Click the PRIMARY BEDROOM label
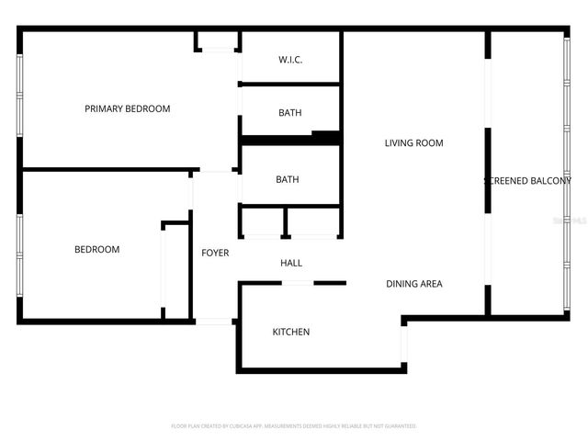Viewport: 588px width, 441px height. [128, 108]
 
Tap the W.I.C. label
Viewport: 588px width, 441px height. [290, 60]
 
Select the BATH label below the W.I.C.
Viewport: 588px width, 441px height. [290, 113]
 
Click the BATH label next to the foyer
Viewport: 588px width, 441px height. [287, 179]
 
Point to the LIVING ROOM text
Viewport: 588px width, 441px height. [413, 142]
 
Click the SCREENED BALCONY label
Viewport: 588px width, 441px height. [527, 181]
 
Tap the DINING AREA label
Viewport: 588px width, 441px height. [413, 284]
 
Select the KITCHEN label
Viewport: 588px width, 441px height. [290, 332]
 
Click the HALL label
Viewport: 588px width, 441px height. [290, 263]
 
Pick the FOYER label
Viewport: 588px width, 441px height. [215, 253]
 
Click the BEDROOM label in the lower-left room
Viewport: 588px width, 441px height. [96, 249]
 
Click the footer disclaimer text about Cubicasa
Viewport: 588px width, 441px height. [294, 426]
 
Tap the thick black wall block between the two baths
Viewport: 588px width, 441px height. [290, 140]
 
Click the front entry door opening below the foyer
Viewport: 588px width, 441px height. [214, 322]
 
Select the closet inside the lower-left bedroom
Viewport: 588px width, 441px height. [175, 271]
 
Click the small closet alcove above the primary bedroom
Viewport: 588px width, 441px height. [218, 40]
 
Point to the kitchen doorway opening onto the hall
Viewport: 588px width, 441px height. [298, 283]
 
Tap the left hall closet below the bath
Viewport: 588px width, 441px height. [262, 222]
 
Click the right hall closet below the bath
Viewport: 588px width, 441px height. [313, 222]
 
